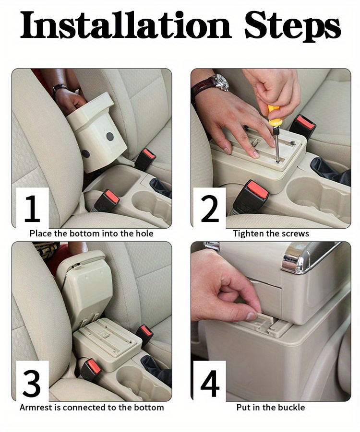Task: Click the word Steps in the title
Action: [x=293, y=26]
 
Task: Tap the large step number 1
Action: [x=33, y=208]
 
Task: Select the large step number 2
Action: [x=210, y=208]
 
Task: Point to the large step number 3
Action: [x=32, y=383]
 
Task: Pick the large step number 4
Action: [x=210, y=383]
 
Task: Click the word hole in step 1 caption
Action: [x=144, y=234]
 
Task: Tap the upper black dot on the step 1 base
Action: [x=110, y=136]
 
